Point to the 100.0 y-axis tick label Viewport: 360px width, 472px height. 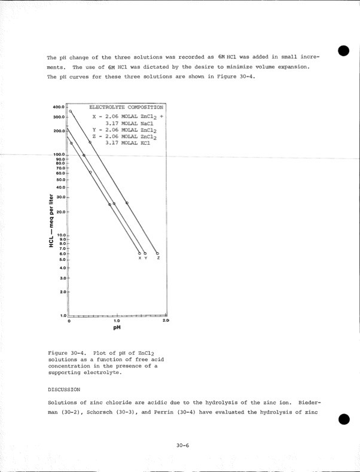pos(59,154)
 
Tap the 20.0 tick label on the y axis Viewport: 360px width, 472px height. pos(60,212)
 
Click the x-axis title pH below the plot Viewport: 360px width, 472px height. pos(117,328)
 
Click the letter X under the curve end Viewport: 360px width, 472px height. pos(139,258)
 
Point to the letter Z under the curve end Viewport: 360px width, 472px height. pos(158,258)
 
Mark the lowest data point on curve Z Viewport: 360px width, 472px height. pos(157,253)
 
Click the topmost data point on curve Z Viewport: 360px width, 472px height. pos(71,111)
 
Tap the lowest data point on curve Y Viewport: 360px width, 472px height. pos(145,253)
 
